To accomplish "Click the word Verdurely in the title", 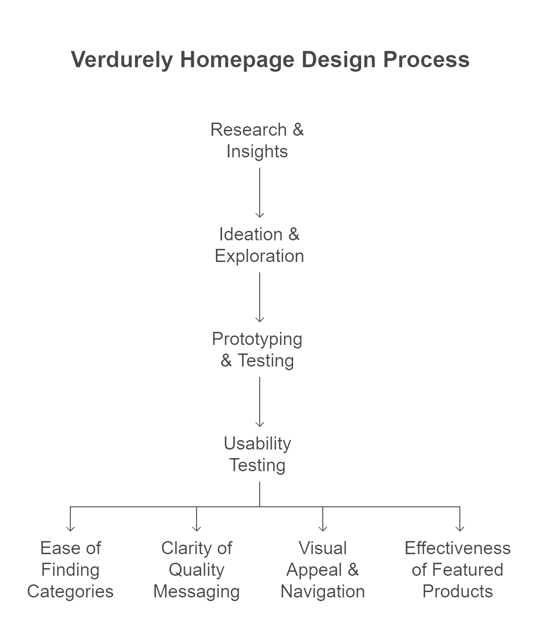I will click(122, 60).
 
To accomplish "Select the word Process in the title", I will click(426, 60).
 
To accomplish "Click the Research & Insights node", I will click(257, 141).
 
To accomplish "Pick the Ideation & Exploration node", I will click(259, 245).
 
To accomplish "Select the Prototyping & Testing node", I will click(257, 350).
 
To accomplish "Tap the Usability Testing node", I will click(257, 455).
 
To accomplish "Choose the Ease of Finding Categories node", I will click(71, 570).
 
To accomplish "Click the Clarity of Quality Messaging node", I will click(197, 570).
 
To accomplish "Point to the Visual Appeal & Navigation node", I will click(323, 570).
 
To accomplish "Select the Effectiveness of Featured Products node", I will click(458, 570).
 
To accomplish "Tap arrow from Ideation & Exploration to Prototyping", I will click(259, 298).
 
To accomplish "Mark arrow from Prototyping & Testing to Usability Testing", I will click(259, 402).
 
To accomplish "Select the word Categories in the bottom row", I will click(71, 592).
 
